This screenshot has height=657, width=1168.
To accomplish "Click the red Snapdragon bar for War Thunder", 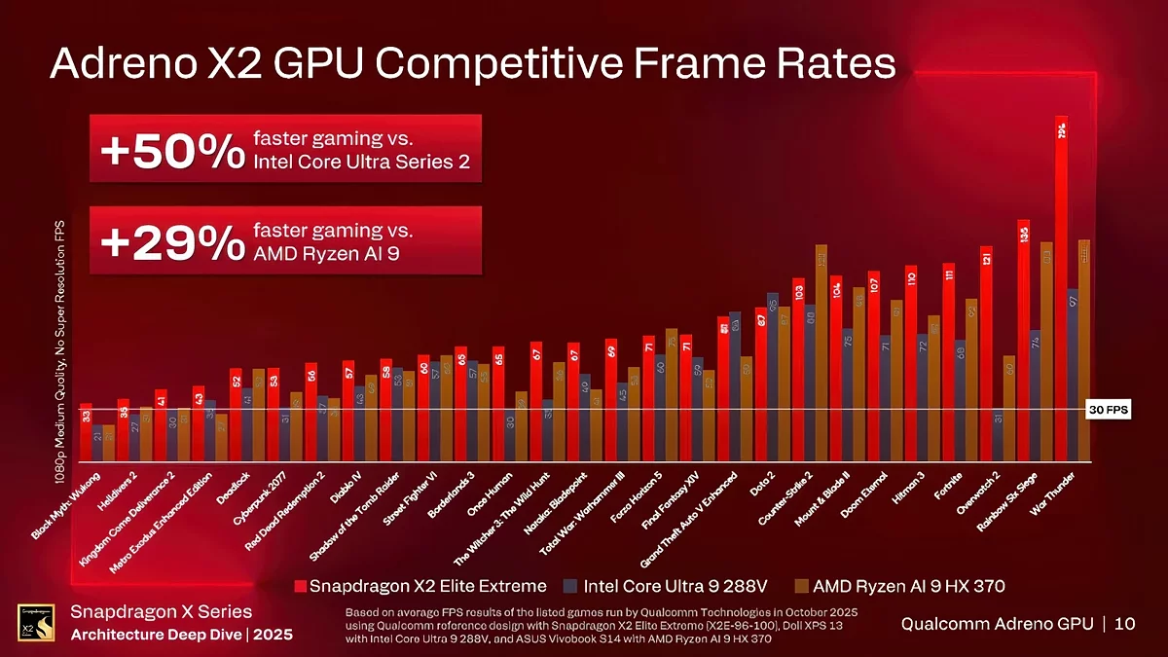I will click(1061, 292).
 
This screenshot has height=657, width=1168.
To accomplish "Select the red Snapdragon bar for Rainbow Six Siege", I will click(1024, 341).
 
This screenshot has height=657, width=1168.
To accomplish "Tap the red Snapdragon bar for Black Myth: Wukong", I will click(86, 432).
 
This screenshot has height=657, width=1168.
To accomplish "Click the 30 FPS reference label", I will click(1108, 410).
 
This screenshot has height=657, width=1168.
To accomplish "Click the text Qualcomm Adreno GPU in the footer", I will click(999, 623).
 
